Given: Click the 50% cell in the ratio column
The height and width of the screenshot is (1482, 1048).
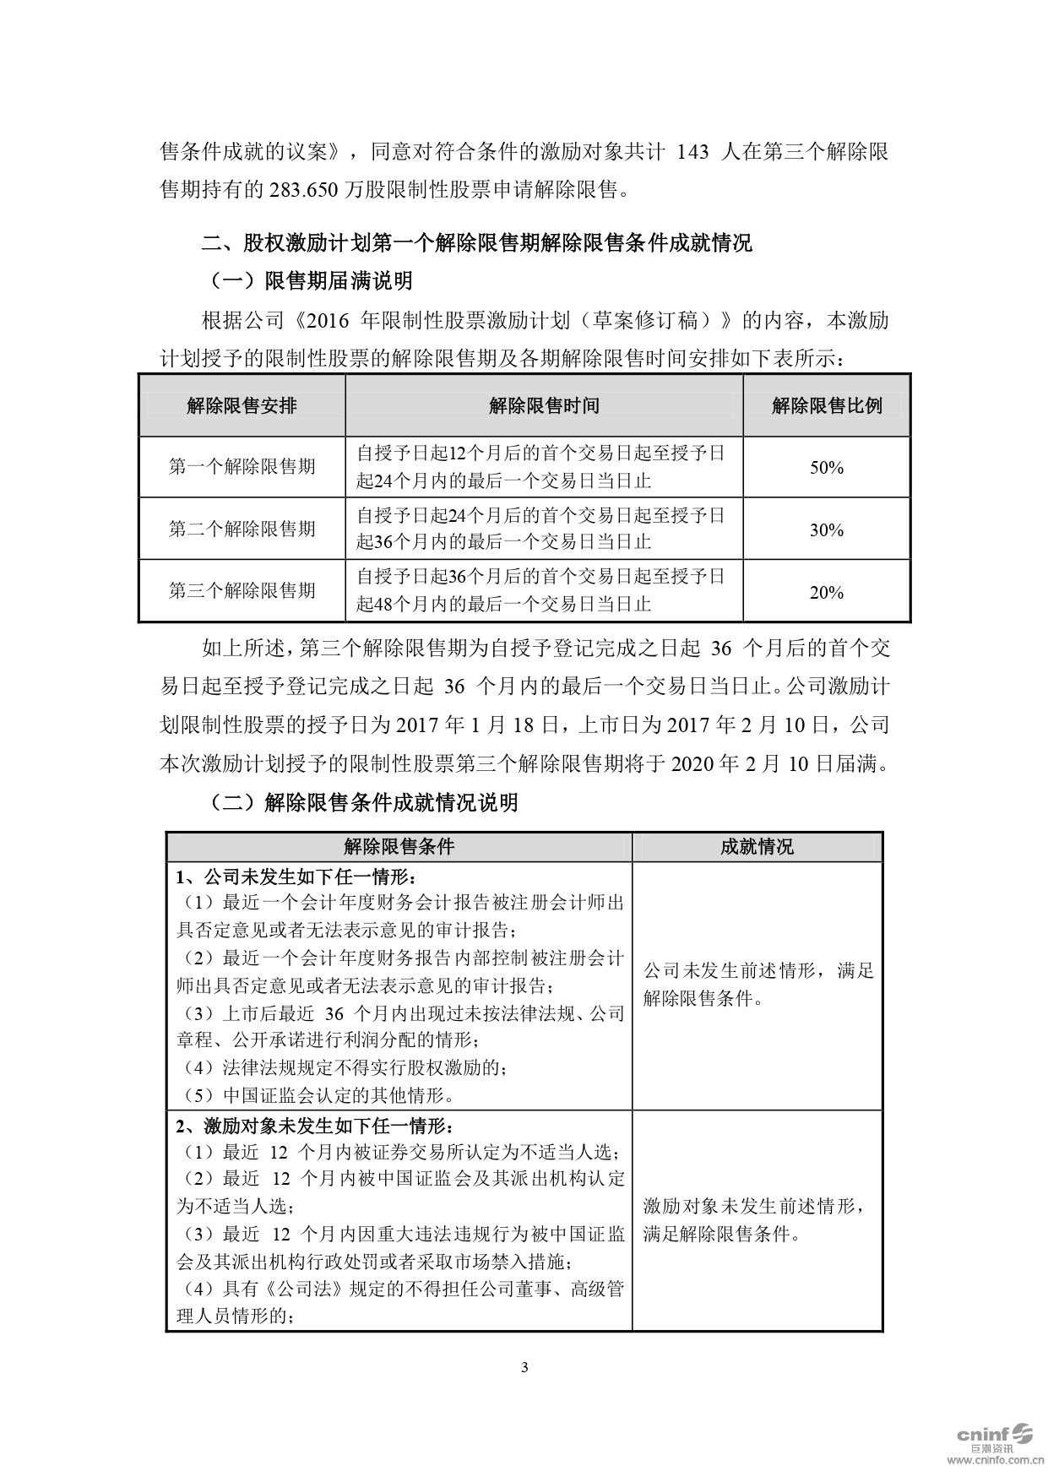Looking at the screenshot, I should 826,467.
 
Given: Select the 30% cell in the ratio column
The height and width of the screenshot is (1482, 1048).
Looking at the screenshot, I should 826,529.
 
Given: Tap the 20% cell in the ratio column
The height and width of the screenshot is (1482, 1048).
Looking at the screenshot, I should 826,592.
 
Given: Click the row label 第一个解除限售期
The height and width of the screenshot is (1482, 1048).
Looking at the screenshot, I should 242,466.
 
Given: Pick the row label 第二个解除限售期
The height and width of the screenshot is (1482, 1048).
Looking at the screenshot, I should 242,529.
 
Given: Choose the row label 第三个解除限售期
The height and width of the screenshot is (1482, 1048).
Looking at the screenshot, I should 242,590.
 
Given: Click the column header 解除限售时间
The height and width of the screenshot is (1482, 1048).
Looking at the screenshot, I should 544,405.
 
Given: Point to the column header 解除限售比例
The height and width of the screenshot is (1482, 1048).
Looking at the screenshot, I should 826,405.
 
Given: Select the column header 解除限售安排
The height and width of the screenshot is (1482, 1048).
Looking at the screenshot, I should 242,405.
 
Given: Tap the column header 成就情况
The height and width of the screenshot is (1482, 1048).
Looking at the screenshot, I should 757,847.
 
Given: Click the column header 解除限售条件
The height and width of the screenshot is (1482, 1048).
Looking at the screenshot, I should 399,847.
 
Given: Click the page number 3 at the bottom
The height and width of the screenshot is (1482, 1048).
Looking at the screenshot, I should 524,1367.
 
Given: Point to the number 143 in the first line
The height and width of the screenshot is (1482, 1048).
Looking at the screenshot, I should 692,152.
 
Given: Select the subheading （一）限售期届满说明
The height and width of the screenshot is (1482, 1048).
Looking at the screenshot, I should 311,280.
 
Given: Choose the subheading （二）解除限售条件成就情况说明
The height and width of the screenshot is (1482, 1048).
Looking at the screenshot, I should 363,802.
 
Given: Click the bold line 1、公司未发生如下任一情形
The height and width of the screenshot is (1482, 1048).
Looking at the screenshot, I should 296,876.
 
